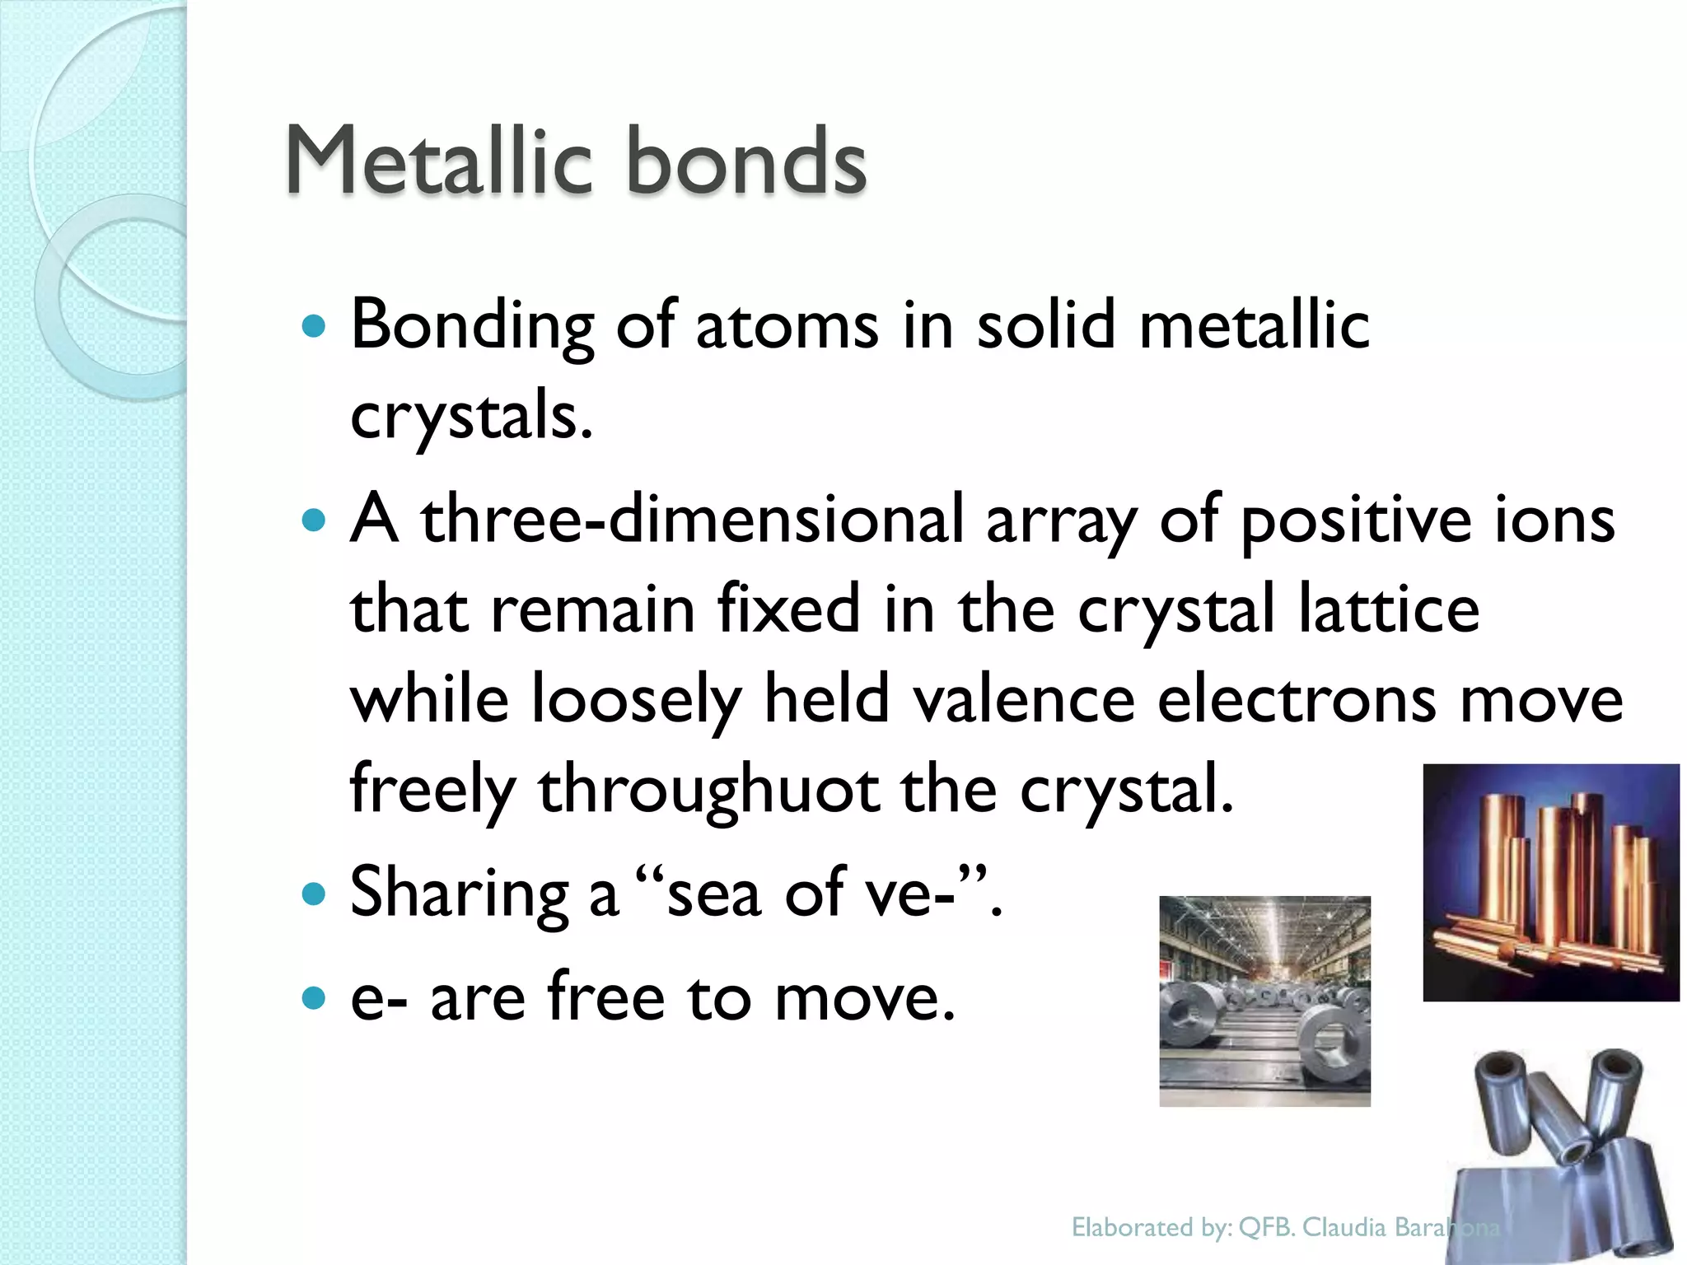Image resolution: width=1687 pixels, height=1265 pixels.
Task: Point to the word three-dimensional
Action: tap(692, 520)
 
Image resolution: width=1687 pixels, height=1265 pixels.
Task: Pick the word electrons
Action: tap(1297, 699)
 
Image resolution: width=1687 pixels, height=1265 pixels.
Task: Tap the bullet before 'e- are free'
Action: tap(314, 999)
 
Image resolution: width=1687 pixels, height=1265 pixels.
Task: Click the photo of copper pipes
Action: tap(1550, 882)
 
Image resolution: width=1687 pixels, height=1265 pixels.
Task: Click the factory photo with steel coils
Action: tap(1264, 1001)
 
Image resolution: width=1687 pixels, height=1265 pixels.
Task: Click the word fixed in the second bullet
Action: tap(788, 609)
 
